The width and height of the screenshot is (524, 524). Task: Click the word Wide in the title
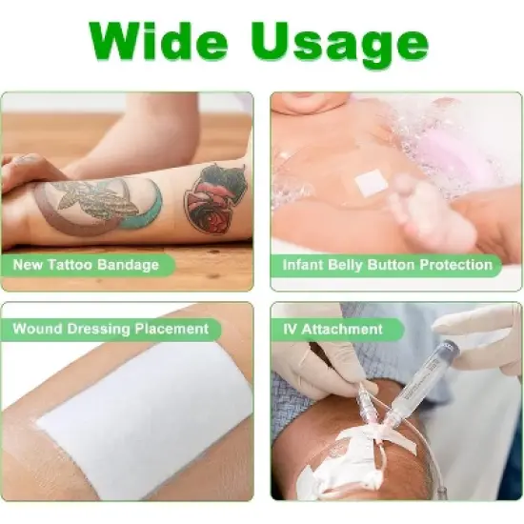tap(163, 40)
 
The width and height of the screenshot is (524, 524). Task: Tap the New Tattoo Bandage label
tap(86, 264)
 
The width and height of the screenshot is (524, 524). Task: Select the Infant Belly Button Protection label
tap(387, 264)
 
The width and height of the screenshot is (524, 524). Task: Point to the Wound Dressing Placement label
tap(111, 329)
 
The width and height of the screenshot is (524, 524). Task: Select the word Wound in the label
tap(37, 329)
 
